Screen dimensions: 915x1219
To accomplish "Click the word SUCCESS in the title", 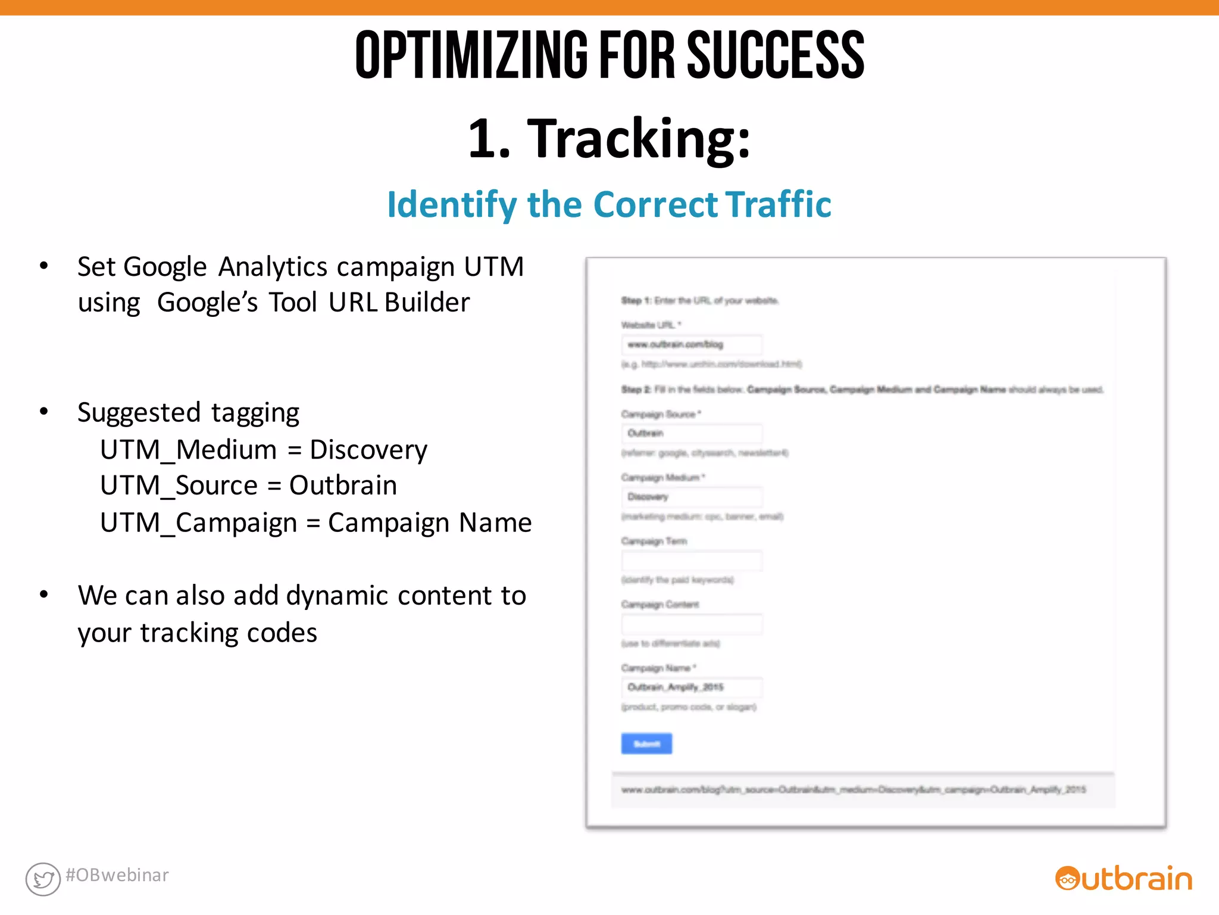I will click(x=775, y=55).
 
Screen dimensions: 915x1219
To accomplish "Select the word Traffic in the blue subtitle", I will click(x=777, y=204).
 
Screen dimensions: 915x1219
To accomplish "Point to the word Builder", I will click(x=427, y=303).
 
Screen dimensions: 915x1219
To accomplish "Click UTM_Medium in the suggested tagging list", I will click(x=188, y=450).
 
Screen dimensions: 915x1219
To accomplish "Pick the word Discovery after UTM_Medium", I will click(x=368, y=450).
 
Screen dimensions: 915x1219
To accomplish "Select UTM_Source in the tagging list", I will click(x=179, y=485).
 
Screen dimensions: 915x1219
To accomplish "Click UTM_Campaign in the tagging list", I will click(x=198, y=523).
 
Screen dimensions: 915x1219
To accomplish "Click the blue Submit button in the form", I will click(x=646, y=743).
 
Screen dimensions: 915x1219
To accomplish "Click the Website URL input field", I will click(x=692, y=344).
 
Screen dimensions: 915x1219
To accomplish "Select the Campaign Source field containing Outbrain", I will click(x=692, y=433).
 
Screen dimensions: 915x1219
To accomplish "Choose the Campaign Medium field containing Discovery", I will click(x=692, y=497).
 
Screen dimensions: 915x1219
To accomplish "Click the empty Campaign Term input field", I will click(x=692, y=561).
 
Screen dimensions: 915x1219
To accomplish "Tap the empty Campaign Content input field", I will click(x=692, y=624).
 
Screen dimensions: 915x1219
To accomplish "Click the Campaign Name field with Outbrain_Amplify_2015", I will click(x=692, y=687).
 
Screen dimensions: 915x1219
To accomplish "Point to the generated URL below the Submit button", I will click(x=854, y=790).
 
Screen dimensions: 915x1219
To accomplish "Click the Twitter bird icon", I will click(x=43, y=879).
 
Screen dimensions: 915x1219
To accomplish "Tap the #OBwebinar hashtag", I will click(x=117, y=875).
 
